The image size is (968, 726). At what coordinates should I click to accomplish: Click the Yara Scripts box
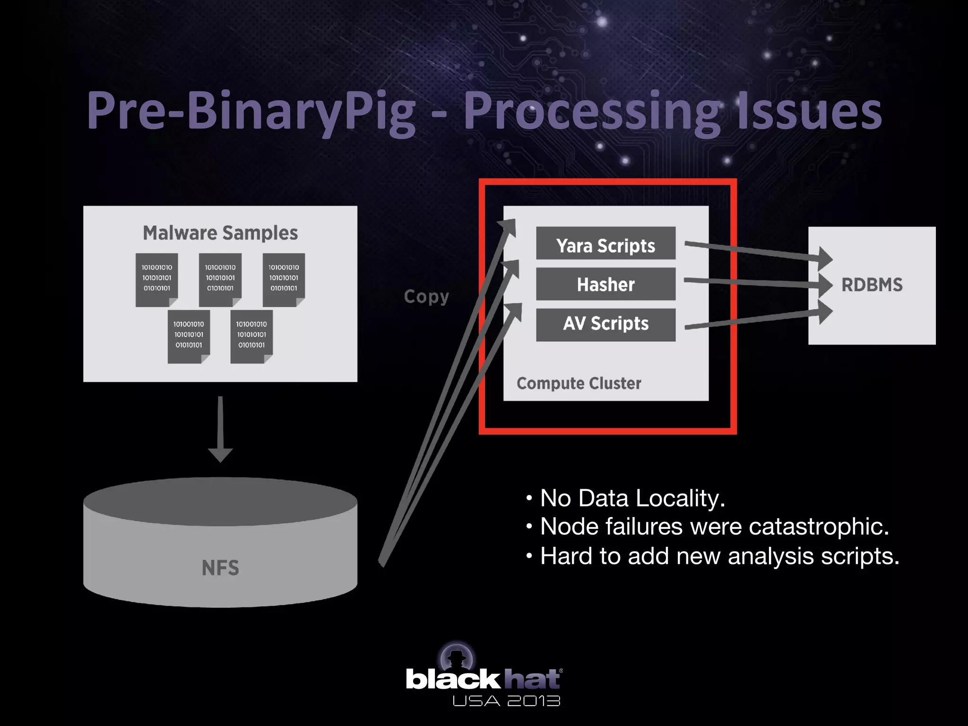coord(605,243)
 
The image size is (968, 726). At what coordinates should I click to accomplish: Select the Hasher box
coord(605,284)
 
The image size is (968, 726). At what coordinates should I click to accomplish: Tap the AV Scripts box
coord(605,325)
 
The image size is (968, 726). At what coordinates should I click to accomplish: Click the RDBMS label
coord(872,285)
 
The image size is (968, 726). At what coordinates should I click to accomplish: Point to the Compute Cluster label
coord(579,383)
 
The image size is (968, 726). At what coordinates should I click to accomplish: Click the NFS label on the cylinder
coord(220,568)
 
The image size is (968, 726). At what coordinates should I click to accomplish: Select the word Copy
coord(426,297)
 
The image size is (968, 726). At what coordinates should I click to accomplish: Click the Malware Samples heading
coord(220,233)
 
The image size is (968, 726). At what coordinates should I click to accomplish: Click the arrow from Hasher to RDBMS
coord(756,283)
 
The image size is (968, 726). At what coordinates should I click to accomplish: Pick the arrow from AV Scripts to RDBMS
coord(756,320)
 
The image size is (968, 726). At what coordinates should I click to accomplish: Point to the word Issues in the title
coord(809,112)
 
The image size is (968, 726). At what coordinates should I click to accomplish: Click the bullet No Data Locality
coord(632,498)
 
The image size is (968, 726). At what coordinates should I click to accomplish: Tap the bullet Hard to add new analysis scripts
coord(719,556)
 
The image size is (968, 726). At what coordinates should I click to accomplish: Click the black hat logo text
coord(483,679)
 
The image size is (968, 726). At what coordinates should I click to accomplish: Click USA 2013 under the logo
coord(506,701)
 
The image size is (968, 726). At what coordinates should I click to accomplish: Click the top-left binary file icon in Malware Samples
coord(157,280)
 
